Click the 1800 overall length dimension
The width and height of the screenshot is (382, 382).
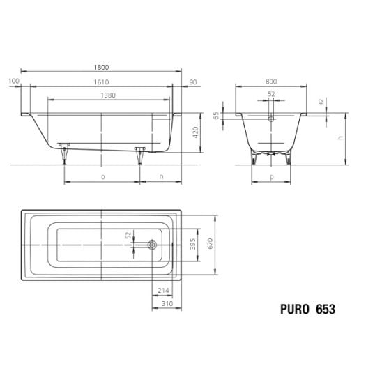tap(101, 67)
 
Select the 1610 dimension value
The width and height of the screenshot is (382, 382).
tap(101, 82)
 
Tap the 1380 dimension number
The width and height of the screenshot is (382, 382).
tap(108, 95)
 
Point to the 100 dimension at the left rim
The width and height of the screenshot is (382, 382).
tap(14, 81)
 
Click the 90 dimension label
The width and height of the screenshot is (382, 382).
tap(193, 82)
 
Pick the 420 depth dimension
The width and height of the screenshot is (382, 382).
tap(196, 132)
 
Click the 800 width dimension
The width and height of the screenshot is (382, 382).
tap(271, 82)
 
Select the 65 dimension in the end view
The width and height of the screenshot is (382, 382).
tap(216, 116)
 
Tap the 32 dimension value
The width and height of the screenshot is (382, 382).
tap(321, 102)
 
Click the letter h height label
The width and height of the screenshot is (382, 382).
tap(341, 137)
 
